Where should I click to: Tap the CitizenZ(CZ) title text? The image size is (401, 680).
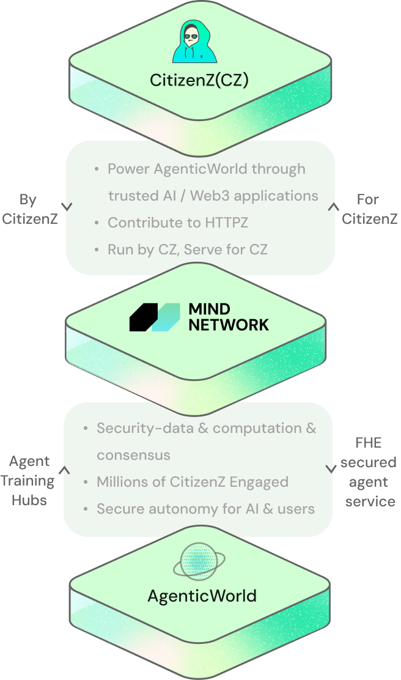pyautogui.click(x=200, y=80)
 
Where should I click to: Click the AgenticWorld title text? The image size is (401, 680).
pyautogui.click(x=202, y=595)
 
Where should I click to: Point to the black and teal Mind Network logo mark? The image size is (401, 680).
pyautogui.click(x=155, y=317)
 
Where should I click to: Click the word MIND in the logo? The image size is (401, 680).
pyautogui.click(x=210, y=308)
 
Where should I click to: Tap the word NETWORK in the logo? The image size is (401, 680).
pyautogui.click(x=228, y=325)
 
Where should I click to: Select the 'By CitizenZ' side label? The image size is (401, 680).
pyautogui.click(x=29, y=209)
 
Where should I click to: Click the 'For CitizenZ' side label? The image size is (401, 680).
pyautogui.click(x=369, y=209)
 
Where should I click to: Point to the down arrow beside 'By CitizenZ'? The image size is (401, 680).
pyautogui.click(x=67, y=207)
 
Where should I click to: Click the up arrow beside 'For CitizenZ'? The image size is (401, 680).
pyautogui.click(x=333, y=207)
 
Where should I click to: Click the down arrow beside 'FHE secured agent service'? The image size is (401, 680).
pyautogui.click(x=331, y=469)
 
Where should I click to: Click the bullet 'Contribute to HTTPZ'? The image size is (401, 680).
pyautogui.click(x=178, y=223)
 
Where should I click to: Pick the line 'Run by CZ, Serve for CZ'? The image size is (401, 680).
pyautogui.click(x=187, y=249)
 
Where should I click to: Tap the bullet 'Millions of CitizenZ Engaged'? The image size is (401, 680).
pyautogui.click(x=192, y=482)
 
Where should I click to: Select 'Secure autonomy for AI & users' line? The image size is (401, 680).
pyautogui.click(x=205, y=509)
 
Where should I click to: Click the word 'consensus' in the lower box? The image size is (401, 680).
pyautogui.click(x=133, y=455)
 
